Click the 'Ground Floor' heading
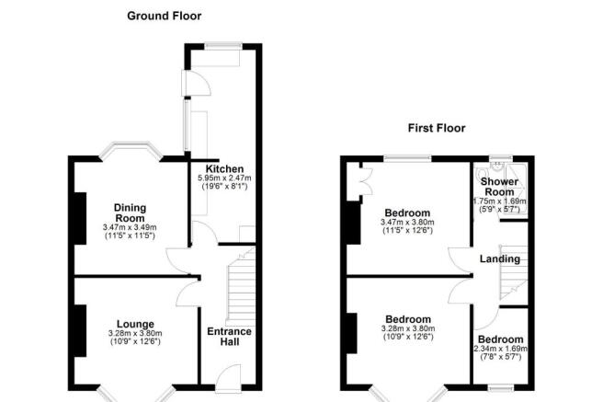click(x=164, y=16)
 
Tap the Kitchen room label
click(x=224, y=169)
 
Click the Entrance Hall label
click(x=229, y=338)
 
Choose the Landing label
click(x=500, y=258)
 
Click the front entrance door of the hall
click(x=227, y=374)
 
